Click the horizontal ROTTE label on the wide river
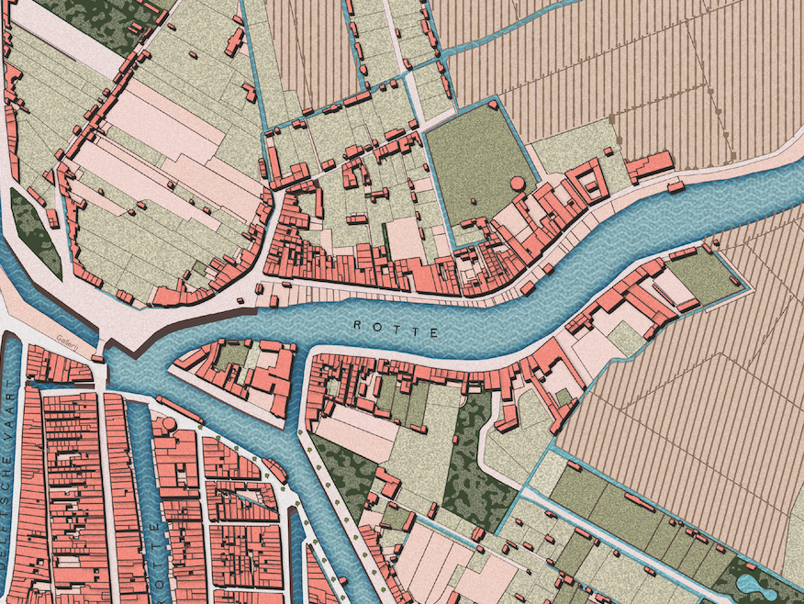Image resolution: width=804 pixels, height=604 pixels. tap(396, 329)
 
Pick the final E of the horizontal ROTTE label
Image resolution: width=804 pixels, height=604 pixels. tap(435, 332)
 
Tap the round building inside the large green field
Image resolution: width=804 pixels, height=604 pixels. tap(519, 184)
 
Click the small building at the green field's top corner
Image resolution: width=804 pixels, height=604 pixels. tap(493, 105)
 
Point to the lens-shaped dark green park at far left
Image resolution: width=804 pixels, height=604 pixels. tap(36, 233)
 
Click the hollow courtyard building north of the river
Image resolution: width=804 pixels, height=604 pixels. tap(352, 174)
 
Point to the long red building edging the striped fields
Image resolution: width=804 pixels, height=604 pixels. tap(650, 166)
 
